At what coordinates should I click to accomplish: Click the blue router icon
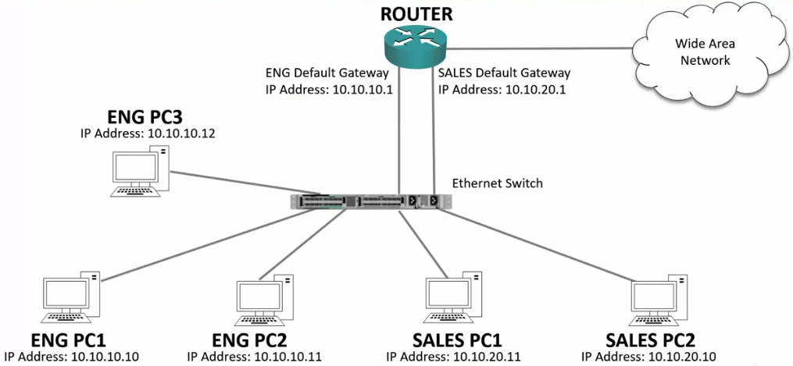415,44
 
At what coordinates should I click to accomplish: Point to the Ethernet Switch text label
497,183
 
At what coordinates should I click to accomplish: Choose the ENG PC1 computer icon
70,300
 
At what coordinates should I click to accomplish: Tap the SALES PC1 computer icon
455,300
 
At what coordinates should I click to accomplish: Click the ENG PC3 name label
148,117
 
